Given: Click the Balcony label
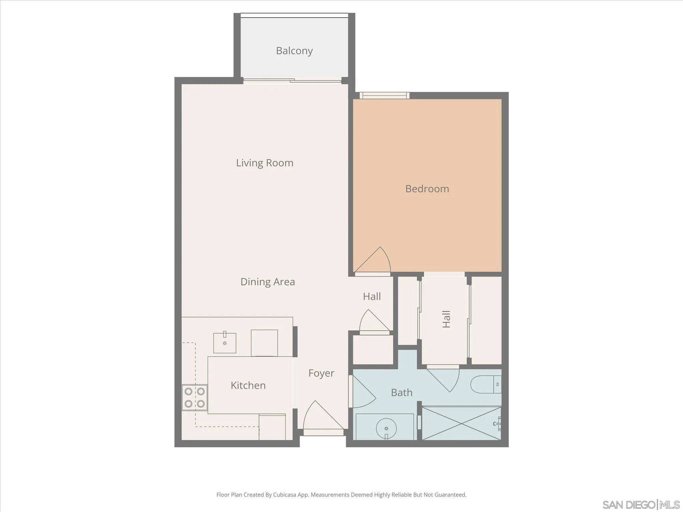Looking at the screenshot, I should (x=294, y=51).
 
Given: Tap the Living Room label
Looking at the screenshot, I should (x=264, y=163).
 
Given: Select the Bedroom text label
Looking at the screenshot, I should (x=427, y=189).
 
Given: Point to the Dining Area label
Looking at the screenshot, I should (x=267, y=282).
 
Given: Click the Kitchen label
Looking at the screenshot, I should (x=248, y=385).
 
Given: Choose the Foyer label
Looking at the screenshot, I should (x=321, y=373).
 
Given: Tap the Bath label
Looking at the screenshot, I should (x=402, y=392).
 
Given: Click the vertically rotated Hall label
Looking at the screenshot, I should (x=446, y=319).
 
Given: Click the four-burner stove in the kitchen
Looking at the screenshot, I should (x=194, y=397).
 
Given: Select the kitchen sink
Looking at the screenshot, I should (x=224, y=343).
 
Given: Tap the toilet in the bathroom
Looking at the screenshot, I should (x=486, y=384).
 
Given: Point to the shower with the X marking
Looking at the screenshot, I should (x=461, y=423).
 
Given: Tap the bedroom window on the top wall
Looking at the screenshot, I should (x=385, y=96).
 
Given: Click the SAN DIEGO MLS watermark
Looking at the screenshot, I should (x=641, y=504).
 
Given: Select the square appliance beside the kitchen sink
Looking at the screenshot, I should (x=264, y=343).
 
